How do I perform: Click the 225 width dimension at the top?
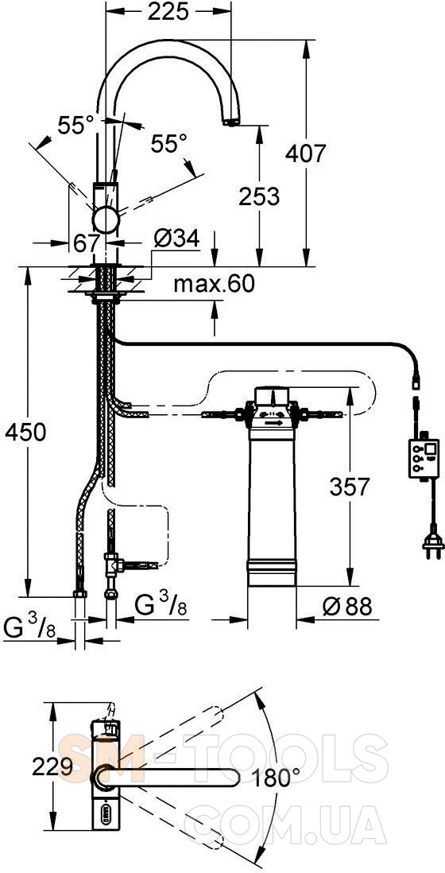[x=168, y=12]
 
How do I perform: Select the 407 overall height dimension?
[x=305, y=153]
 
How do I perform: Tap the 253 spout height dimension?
[x=259, y=196]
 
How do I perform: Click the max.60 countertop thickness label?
[x=215, y=284]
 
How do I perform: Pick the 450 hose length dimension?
[x=25, y=432]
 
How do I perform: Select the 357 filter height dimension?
[x=350, y=487]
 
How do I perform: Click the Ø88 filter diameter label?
[x=348, y=607]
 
